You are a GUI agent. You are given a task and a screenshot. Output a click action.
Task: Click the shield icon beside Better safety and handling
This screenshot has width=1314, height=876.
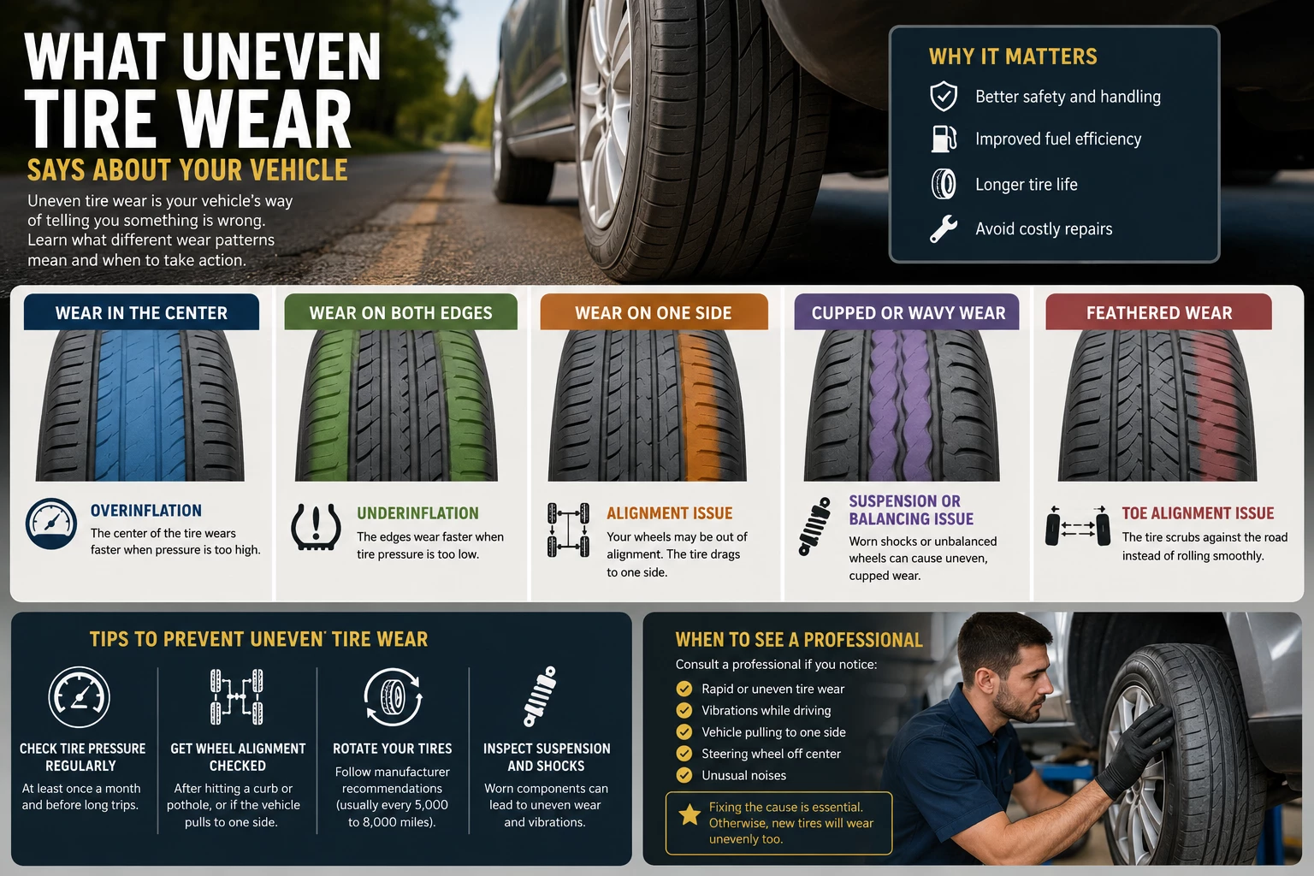tap(944, 96)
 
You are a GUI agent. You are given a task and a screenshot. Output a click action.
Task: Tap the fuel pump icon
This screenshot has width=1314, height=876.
tap(944, 139)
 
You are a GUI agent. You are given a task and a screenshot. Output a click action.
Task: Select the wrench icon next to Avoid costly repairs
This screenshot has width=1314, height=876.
tap(944, 228)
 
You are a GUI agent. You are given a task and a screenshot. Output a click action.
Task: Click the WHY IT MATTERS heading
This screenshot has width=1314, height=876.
tap(1013, 56)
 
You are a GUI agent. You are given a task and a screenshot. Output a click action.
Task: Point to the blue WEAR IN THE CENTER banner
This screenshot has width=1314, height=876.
tap(141, 312)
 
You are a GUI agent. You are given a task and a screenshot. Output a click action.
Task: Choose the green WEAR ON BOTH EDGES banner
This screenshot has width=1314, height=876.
tap(400, 312)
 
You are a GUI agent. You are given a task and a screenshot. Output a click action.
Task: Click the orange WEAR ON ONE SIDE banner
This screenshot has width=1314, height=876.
tap(654, 312)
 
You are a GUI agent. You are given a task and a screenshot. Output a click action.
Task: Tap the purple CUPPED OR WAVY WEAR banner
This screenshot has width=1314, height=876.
tap(907, 312)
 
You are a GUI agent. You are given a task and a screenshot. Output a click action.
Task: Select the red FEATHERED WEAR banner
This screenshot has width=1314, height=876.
tap(1158, 312)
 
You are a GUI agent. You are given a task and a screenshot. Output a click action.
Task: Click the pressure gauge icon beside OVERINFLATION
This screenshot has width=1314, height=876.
tap(51, 524)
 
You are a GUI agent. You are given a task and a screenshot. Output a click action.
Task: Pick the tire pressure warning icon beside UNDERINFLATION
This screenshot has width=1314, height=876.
tap(316, 527)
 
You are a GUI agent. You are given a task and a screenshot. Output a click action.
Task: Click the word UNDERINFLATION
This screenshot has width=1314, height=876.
tap(417, 513)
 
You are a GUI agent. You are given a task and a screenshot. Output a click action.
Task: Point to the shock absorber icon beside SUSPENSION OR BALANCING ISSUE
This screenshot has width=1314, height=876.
tap(814, 526)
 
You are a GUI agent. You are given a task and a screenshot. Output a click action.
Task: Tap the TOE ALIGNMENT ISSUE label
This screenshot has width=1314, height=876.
tap(1198, 513)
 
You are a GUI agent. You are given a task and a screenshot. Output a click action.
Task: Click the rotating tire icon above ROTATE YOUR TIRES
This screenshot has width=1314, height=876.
tap(393, 697)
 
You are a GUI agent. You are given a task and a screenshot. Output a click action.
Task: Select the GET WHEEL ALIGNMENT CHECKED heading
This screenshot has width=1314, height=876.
tap(238, 757)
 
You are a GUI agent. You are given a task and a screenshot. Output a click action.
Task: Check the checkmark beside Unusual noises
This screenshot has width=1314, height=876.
tap(684, 776)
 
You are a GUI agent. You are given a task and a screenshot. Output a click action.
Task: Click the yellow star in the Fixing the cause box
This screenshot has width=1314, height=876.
tap(690, 815)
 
